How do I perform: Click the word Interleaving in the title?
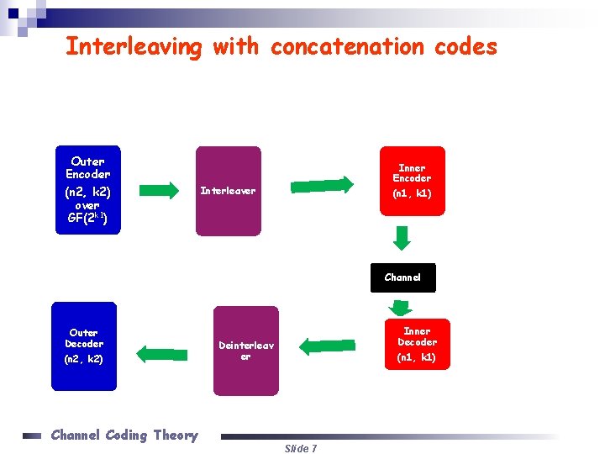click(x=134, y=47)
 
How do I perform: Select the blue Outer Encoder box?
click(x=88, y=191)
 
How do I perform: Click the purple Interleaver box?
click(x=229, y=191)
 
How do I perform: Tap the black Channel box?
click(x=402, y=277)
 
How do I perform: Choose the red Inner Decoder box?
click(x=417, y=344)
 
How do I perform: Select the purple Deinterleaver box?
click(x=245, y=351)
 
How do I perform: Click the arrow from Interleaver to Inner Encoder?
click(x=323, y=184)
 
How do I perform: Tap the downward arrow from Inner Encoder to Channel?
click(x=402, y=239)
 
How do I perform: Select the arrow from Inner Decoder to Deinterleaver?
click(x=328, y=346)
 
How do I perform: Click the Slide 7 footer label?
click(x=300, y=448)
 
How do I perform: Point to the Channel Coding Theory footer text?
click(x=124, y=435)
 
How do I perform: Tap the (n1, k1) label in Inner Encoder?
click(x=412, y=193)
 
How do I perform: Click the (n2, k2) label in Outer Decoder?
click(x=84, y=359)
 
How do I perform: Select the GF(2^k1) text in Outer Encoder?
click(x=87, y=219)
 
